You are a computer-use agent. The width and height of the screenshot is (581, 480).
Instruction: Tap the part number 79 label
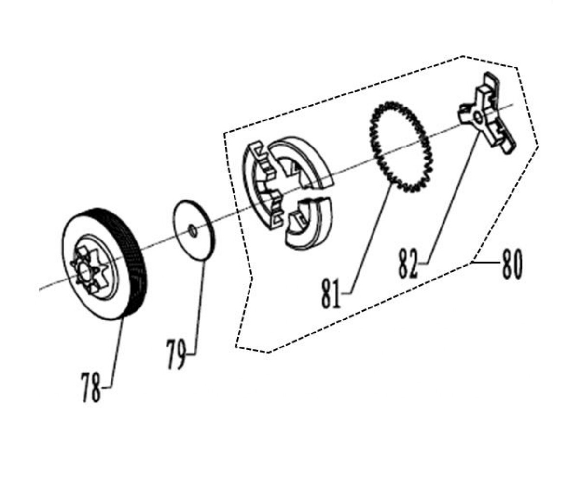point(177,354)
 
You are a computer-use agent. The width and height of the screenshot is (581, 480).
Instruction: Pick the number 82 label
point(408,263)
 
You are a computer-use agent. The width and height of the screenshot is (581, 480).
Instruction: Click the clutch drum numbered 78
point(104,264)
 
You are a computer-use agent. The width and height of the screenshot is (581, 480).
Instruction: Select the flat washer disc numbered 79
point(194,229)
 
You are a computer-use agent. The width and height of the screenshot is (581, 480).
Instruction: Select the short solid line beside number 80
point(486,262)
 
